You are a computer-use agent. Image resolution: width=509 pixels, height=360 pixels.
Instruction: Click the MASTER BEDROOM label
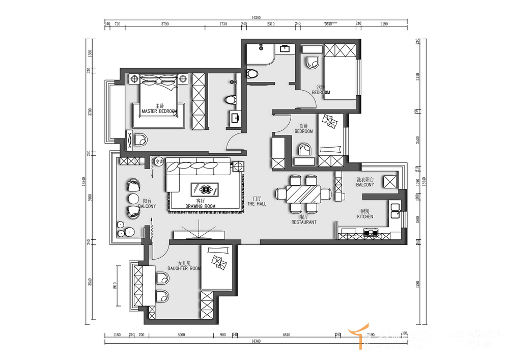159,111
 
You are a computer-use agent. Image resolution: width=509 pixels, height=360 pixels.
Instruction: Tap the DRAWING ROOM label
200,206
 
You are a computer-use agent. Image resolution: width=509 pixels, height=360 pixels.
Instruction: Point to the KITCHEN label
365,216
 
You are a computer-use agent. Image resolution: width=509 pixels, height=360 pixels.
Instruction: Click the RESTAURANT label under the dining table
304,222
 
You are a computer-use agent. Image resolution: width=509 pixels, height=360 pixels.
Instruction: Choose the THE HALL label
257,204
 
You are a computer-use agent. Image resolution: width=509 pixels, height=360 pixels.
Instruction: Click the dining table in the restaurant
303,194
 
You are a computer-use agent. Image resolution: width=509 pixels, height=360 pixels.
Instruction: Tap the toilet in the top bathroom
252,74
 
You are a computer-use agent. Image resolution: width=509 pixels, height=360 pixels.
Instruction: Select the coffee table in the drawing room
205,188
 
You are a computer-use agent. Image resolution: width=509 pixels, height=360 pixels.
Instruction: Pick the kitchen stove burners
370,234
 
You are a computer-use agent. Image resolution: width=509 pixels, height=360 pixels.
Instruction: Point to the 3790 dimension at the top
165,24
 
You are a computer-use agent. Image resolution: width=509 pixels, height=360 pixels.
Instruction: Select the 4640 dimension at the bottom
286,335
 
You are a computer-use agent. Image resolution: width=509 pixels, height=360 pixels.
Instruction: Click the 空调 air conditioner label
159,162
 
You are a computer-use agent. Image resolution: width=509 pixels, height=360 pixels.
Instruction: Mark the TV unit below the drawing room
199,235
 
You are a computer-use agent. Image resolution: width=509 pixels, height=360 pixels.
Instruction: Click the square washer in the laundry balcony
390,182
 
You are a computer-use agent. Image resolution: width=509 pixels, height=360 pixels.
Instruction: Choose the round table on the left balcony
133,198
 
